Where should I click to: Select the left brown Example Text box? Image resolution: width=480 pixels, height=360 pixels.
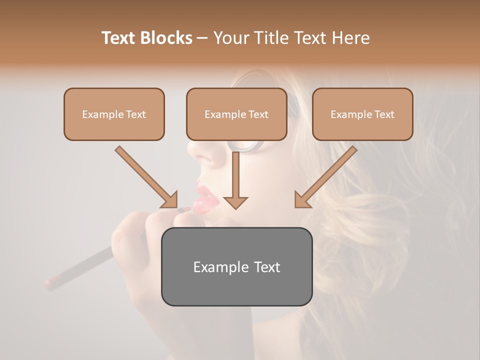114,114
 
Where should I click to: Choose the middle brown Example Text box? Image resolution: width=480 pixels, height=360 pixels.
236,114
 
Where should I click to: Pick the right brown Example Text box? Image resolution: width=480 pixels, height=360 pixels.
362,114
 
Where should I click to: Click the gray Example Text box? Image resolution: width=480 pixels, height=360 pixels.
236,266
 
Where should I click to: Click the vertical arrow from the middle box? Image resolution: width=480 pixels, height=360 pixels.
235,175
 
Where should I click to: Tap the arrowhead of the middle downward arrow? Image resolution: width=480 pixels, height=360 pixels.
235,202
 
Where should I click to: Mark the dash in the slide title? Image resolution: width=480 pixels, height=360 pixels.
202,38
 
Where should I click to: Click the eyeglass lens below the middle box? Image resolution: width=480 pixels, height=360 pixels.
247,145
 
